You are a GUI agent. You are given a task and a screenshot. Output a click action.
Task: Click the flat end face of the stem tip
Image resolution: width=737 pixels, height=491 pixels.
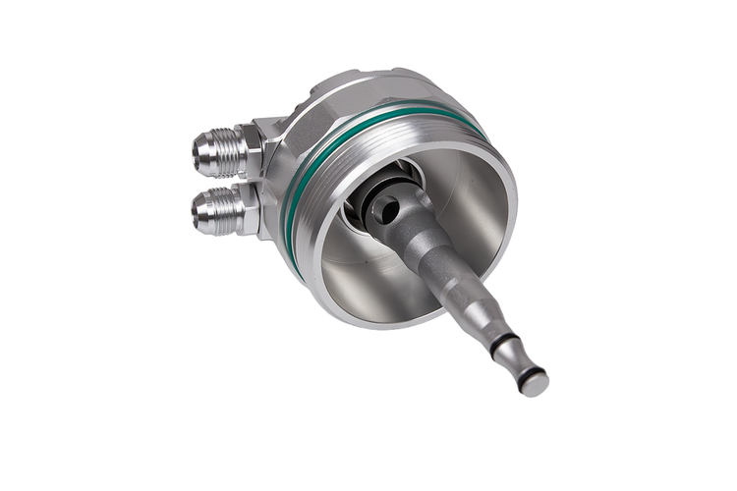tap(536, 385)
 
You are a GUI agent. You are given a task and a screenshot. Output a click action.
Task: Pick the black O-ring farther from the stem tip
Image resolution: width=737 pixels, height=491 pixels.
tap(502, 341)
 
